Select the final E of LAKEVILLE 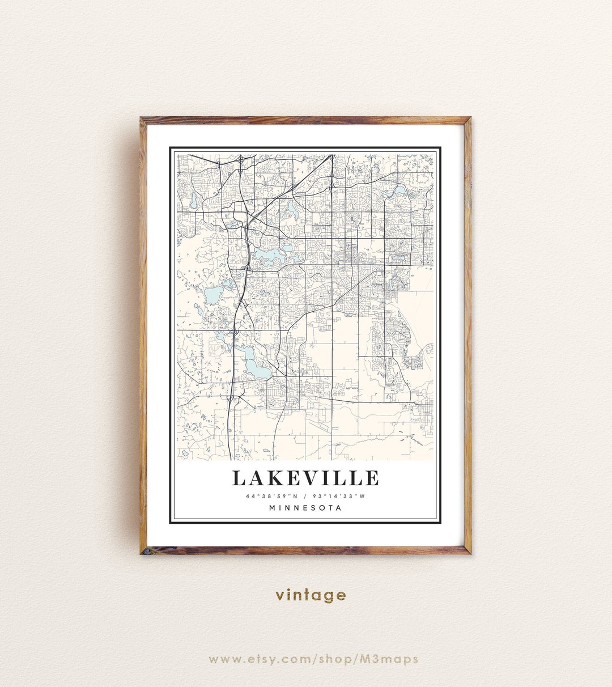click(372, 478)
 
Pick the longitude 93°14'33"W click(339, 497)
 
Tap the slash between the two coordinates click(305, 497)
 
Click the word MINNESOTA click(305, 508)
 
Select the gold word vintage click(311, 595)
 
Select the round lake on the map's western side click(213, 295)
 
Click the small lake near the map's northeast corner click(399, 190)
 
